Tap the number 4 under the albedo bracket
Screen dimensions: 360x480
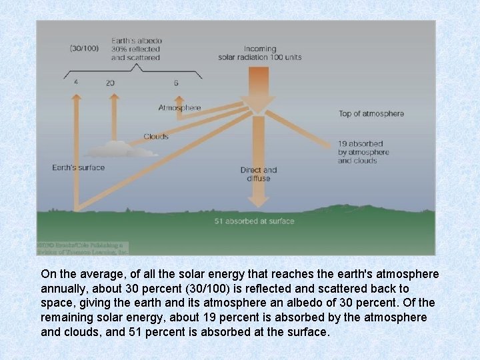[x=76, y=83]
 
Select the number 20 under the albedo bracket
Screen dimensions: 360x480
[x=110, y=83]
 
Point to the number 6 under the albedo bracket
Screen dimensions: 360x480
[x=176, y=83]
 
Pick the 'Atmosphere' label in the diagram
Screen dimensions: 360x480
[x=179, y=107]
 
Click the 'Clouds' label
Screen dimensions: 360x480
[x=155, y=137]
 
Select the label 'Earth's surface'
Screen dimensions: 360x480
[x=78, y=167]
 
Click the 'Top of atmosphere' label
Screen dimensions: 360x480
[x=371, y=113]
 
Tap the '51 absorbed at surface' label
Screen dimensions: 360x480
[x=254, y=221]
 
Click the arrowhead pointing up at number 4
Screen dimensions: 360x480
[x=77, y=97]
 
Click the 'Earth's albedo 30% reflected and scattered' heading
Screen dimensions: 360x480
[x=136, y=49]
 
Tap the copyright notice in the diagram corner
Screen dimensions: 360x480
[x=82, y=248]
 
